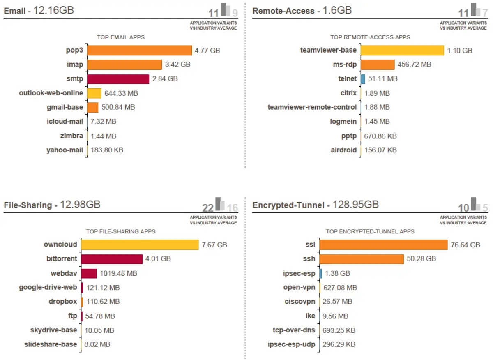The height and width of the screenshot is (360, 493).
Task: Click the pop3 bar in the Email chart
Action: click(140, 51)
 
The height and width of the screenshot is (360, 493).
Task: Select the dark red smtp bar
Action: click(118, 79)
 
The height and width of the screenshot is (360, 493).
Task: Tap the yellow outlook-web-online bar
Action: click(94, 93)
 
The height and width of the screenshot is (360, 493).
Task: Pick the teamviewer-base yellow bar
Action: click(402, 51)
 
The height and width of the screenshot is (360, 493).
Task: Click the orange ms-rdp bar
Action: click(378, 65)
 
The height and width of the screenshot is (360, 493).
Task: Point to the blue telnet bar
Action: click(363, 79)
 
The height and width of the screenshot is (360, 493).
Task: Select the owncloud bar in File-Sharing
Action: click(140, 245)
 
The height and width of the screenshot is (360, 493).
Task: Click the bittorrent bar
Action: click(112, 259)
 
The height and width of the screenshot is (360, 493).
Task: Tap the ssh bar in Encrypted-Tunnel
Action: click(362, 259)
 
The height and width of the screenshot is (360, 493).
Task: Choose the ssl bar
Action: click(384, 245)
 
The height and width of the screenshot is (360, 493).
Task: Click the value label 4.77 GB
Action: click(207, 51)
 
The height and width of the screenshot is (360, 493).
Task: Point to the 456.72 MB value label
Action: click(414, 65)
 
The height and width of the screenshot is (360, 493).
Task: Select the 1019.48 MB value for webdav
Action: click(119, 273)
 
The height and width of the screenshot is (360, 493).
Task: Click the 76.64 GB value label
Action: click(465, 245)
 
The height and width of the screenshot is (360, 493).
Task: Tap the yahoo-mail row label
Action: click(65, 150)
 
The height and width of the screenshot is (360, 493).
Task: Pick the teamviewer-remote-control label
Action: click(312, 107)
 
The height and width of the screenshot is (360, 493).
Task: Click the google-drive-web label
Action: click(48, 287)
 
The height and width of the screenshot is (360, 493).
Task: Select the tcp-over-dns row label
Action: click(294, 330)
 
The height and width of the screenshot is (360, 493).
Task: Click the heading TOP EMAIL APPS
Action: click(121, 37)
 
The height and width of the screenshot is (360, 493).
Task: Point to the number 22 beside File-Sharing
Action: click(208, 208)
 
